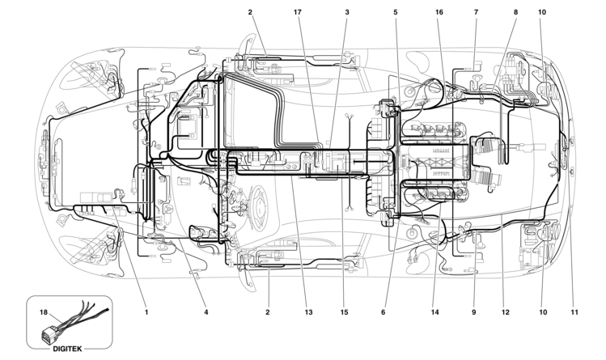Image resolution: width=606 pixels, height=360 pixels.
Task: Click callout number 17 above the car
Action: [x=299, y=13]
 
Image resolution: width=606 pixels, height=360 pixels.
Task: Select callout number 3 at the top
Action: [x=346, y=13]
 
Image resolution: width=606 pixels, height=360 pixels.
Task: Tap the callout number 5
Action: [x=396, y=13]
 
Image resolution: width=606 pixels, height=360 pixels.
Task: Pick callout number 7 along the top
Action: [x=476, y=13]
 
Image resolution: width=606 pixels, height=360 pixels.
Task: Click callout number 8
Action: [x=515, y=13]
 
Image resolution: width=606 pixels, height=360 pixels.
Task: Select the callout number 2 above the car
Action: [x=251, y=13]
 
